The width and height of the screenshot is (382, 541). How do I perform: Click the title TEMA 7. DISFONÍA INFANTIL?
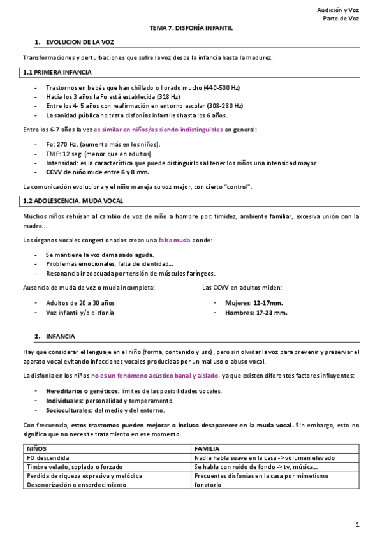[x=191, y=28]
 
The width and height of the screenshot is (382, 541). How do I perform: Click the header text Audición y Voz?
[x=338, y=10]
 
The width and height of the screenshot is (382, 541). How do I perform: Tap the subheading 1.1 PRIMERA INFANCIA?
[x=57, y=73]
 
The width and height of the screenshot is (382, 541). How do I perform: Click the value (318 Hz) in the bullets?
[x=143, y=96]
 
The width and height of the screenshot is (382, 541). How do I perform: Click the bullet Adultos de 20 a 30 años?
[x=80, y=302]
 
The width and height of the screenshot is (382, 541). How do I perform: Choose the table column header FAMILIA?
[x=209, y=449]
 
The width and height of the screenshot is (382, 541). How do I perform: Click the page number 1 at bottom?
[x=358, y=525]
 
